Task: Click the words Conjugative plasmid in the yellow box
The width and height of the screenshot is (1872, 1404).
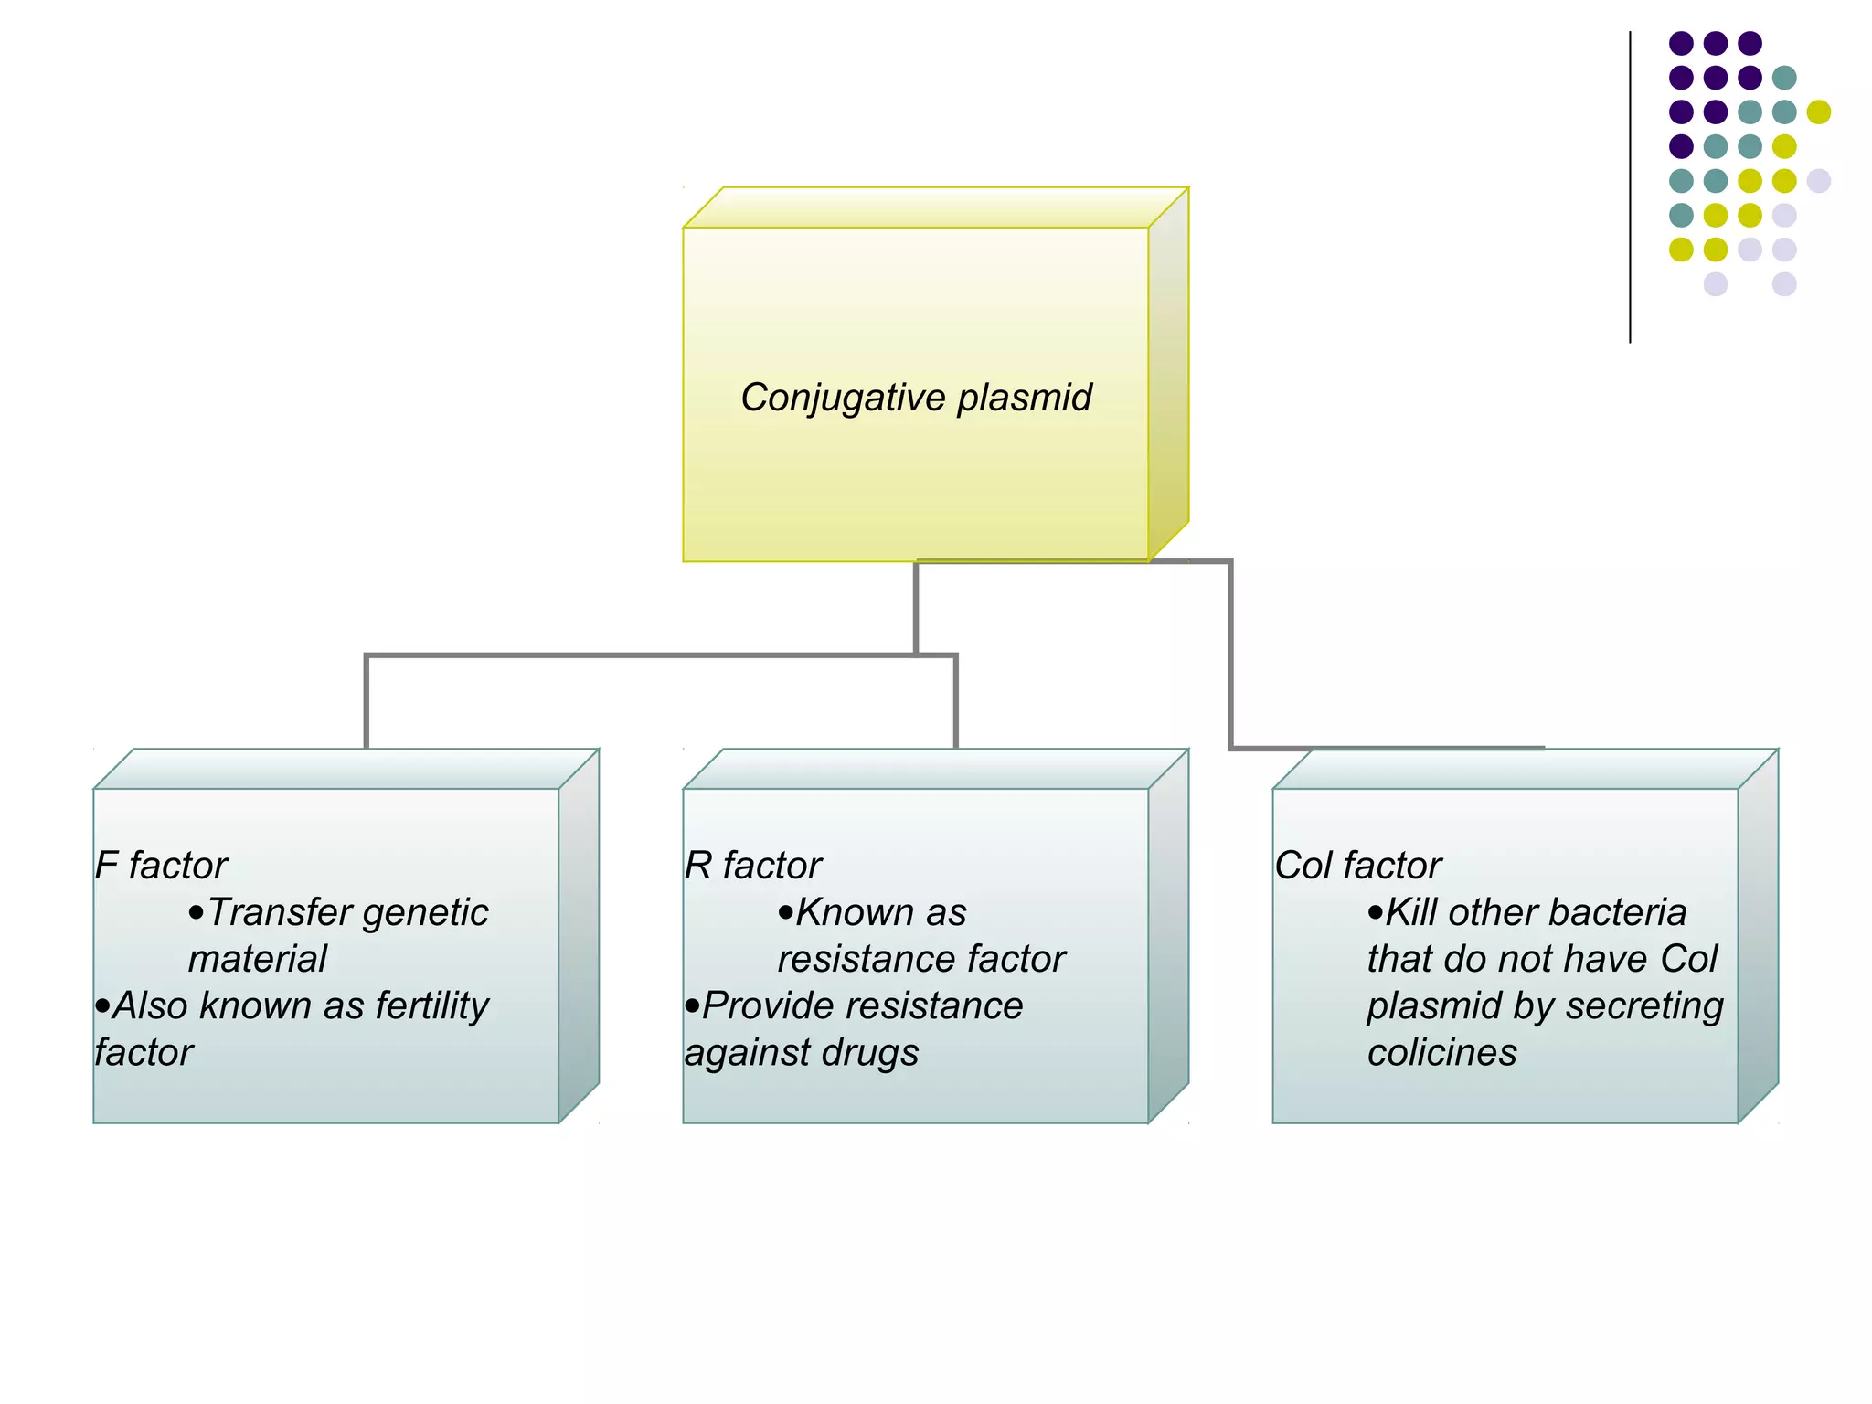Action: click(916, 398)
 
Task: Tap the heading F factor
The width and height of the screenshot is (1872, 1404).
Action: click(161, 866)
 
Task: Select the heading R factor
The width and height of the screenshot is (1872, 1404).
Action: click(753, 866)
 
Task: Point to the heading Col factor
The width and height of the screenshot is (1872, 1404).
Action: click(1357, 866)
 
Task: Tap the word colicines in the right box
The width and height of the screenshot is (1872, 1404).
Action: click(1441, 1053)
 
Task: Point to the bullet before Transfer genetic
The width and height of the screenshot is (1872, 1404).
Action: click(196, 913)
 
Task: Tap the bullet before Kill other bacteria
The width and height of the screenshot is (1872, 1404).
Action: click(1375, 913)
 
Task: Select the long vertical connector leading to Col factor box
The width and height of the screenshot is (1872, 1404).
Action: click(1231, 654)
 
